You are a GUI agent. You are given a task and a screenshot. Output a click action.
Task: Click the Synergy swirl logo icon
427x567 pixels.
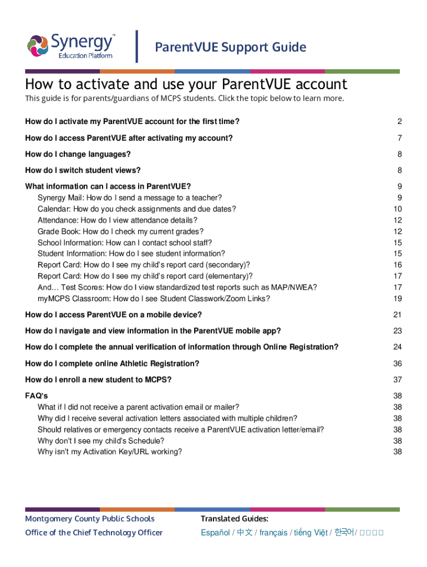[x=38, y=46]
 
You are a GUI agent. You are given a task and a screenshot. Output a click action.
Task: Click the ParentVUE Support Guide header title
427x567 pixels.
[x=230, y=47]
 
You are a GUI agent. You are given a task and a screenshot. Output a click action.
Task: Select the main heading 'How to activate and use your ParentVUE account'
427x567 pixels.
[x=186, y=84]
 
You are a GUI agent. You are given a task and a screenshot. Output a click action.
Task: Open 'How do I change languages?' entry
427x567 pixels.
[x=78, y=154]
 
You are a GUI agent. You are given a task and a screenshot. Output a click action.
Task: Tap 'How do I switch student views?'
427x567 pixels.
[x=83, y=171]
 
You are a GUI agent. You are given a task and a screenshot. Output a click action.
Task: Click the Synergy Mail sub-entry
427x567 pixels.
[x=130, y=198]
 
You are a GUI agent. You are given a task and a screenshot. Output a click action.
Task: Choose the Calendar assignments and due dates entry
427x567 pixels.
[x=136, y=209]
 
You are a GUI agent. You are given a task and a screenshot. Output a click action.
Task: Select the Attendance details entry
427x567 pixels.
[x=117, y=220]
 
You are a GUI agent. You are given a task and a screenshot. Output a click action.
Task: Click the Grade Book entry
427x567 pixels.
[x=120, y=231]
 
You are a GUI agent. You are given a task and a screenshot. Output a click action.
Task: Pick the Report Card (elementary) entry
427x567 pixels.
[x=145, y=276]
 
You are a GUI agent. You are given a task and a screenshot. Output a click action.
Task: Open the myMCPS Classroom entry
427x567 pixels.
[x=154, y=298]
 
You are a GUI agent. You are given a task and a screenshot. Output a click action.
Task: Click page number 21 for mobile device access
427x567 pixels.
[x=397, y=315]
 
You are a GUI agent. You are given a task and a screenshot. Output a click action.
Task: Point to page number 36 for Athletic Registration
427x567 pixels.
[x=397, y=364]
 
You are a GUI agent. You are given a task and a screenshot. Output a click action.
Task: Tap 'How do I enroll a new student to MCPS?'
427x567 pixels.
[x=98, y=380]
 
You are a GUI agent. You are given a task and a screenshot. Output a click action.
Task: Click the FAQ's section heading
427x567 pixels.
[x=37, y=396]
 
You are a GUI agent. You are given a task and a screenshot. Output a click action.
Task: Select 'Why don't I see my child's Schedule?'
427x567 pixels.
[x=101, y=441]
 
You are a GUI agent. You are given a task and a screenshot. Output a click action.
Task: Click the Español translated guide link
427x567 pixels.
[x=215, y=533]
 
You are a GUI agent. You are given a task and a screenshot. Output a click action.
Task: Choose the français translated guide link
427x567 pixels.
[x=273, y=533]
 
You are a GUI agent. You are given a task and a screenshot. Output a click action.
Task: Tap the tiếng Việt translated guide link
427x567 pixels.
[x=311, y=533]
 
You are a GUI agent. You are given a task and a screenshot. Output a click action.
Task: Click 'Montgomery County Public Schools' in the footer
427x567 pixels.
[x=90, y=519]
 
